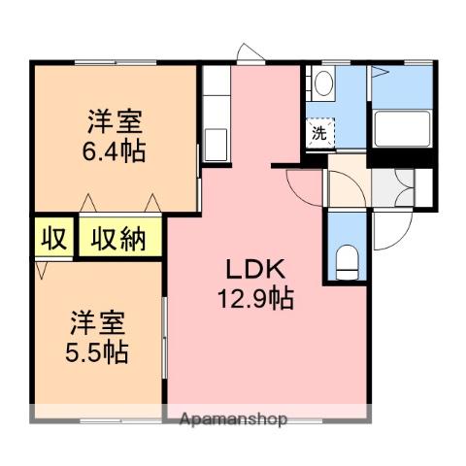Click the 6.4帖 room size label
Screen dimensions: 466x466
(x=114, y=151)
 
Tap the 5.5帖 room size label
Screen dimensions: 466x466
(x=97, y=352)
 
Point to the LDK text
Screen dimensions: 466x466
(x=255, y=269)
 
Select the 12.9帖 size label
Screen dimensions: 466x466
(x=255, y=298)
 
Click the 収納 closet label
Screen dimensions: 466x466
(x=118, y=239)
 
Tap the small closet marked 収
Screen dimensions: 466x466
(x=54, y=238)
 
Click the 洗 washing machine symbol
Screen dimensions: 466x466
(x=319, y=133)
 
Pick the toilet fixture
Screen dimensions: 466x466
(x=347, y=262)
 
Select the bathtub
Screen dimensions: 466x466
(x=402, y=128)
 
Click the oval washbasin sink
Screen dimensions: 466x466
(x=323, y=83)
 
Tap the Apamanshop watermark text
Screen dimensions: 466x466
(x=233, y=419)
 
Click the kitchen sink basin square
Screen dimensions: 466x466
(x=216, y=145)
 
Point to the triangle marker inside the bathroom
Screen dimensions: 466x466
(x=380, y=72)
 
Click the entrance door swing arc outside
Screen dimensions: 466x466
(x=401, y=240)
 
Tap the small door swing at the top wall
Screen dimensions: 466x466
(x=250, y=51)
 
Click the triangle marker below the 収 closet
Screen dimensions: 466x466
(x=41, y=270)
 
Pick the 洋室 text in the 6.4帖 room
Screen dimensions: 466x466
(x=115, y=122)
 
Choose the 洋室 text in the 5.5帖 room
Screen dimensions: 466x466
(x=98, y=323)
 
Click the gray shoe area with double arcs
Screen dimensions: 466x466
(x=392, y=187)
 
